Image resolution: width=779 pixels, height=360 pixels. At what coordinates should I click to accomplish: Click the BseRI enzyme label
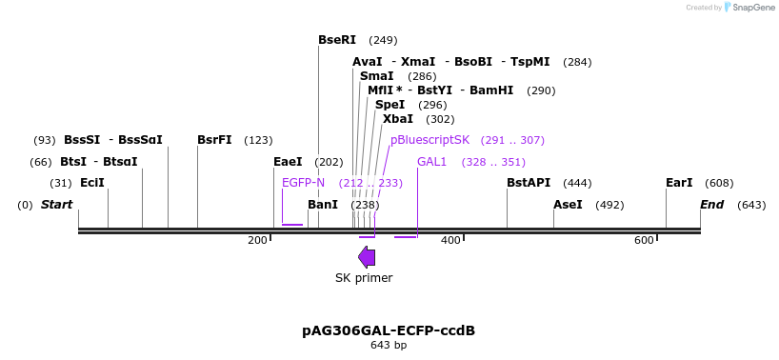pos(337,40)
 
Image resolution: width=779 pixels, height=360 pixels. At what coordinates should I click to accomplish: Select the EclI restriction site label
pos(92,183)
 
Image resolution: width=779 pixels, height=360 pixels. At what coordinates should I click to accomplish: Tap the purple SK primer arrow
pos(367,257)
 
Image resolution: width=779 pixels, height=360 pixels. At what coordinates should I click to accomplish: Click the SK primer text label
pos(364,278)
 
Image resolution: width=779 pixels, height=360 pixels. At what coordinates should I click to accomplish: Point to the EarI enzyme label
pos(679,183)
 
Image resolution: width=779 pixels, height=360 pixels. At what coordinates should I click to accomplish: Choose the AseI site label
pos(568,205)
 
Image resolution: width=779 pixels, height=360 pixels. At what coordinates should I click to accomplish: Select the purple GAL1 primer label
pos(431,162)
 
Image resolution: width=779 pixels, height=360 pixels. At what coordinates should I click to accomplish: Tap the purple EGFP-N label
pos(303,183)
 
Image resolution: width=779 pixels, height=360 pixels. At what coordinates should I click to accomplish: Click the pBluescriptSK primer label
pos(429,140)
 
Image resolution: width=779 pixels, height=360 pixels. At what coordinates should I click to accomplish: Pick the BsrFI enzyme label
pos(214,140)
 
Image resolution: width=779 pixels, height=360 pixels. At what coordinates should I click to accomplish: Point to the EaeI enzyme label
pos(288,162)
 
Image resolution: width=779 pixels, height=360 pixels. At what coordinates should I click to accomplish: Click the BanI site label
pos(323,205)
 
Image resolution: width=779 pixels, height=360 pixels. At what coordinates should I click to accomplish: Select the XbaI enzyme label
pos(398,119)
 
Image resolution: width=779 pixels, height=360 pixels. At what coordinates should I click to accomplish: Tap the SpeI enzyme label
pos(390,105)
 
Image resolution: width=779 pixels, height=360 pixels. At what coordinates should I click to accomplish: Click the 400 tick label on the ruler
pos(450,240)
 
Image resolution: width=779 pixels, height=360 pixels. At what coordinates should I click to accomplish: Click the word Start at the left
pos(56,205)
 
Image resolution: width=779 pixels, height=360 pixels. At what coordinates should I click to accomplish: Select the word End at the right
pos(711,205)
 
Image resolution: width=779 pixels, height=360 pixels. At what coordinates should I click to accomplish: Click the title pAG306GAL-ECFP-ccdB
pos(389,330)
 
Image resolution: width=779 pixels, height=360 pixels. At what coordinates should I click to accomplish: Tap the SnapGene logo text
pos(752,8)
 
